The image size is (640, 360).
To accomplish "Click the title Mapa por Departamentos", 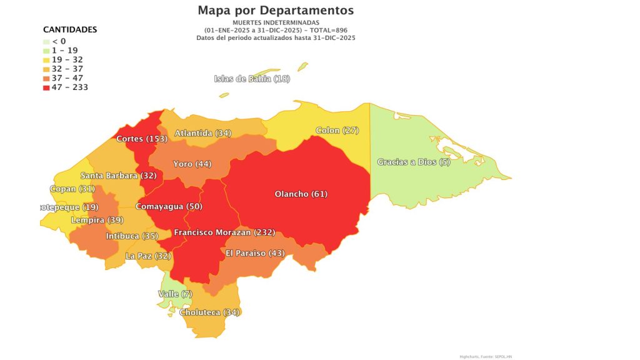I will click(x=276, y=10).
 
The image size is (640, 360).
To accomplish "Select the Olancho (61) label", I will click(x=301, y=194).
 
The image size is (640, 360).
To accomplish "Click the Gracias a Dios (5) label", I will click(x=414, y=162).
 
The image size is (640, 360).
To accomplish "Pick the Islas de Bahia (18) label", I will click(x=252, y=78).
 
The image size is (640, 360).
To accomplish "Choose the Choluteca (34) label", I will click(x=209, y=312).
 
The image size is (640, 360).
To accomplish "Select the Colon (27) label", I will click(x=337, y=130).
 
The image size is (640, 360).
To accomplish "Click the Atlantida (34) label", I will click(x=203, y=133).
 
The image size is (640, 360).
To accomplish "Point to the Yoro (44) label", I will click(x=192, y=164).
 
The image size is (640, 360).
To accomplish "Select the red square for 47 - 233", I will click(x=47, y=87).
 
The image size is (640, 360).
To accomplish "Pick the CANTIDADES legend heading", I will click(x=69, y=29).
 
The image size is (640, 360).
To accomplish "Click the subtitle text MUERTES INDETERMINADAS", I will click(x=276, y=23).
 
